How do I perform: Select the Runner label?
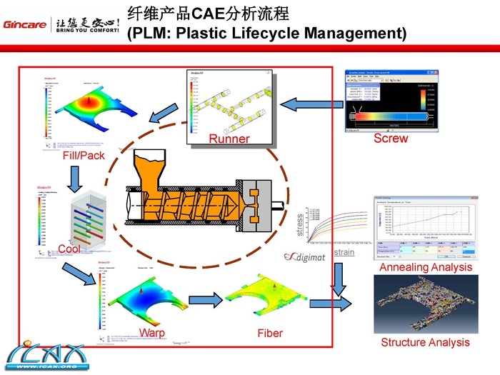[x=229, y=139]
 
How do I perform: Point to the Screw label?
[x=391, y=138]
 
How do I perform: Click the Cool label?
[x=69, y=249]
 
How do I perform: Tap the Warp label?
[x=152, y=333]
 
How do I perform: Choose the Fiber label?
[x=270, y=333]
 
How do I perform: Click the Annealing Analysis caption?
[x=426, y=267]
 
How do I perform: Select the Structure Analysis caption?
[x=425, y=342]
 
